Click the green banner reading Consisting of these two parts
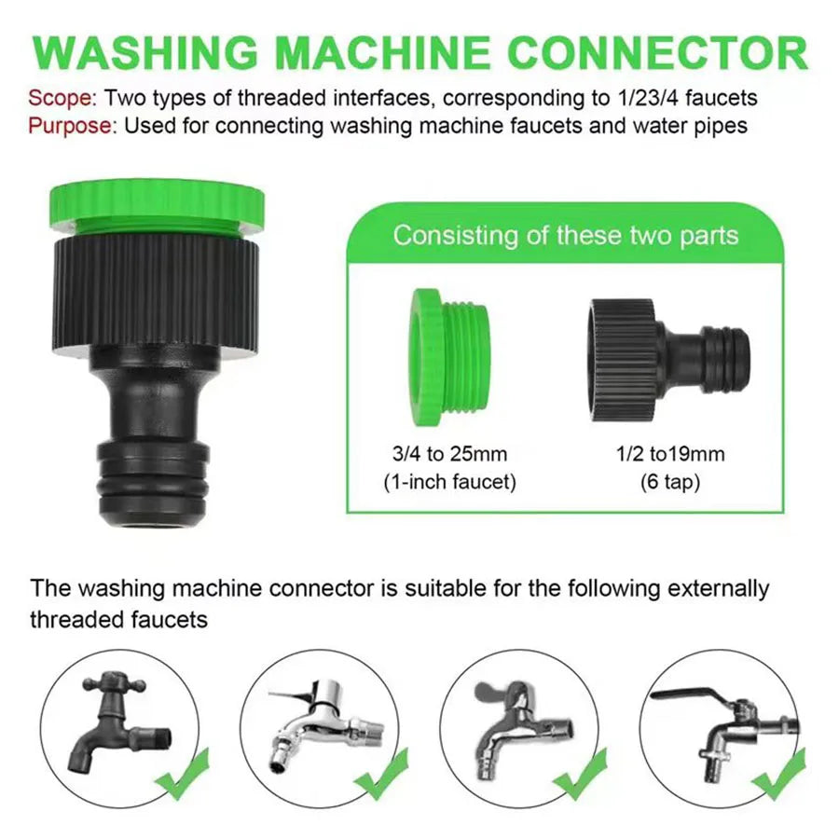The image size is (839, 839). pyautogui.click(x=565, y=234)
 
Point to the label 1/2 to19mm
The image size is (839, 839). pyautogui.click(x=670, y=455)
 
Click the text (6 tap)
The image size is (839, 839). pyautogui.click(x=670, y=482)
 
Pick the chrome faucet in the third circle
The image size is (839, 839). pyautogui.click(x=517, y=722)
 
